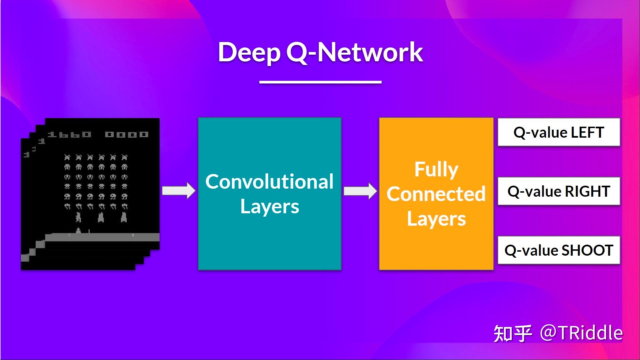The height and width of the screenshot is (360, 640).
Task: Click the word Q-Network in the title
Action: (354, 52)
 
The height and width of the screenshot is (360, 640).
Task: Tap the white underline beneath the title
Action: (320, 82)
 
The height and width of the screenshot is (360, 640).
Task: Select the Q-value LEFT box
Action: (559, 132)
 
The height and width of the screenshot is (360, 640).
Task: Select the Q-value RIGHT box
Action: (559, 191)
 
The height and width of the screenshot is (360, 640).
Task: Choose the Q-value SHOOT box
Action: (559, 250)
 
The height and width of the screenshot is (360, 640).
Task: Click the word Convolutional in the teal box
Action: (269, 182)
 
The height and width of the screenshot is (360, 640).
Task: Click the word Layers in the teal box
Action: (269, 207)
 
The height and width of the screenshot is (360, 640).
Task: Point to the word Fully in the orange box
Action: (436, 169)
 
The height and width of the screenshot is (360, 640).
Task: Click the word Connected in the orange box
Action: (436, 194)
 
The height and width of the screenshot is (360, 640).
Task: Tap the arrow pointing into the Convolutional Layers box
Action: (179, 191)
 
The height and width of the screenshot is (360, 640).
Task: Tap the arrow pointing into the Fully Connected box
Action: (360, 191)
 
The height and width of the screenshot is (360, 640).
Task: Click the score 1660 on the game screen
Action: (69, 134)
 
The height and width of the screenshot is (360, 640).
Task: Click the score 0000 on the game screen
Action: (127, 134)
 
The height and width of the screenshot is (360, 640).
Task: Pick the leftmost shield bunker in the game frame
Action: (78, 217)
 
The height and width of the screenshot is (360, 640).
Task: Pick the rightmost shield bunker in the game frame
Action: (124, 217)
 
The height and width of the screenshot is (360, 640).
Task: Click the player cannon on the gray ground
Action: (79, 231)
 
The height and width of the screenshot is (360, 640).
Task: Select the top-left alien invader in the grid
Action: (67, 157)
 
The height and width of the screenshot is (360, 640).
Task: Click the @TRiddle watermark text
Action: (581, 333)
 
